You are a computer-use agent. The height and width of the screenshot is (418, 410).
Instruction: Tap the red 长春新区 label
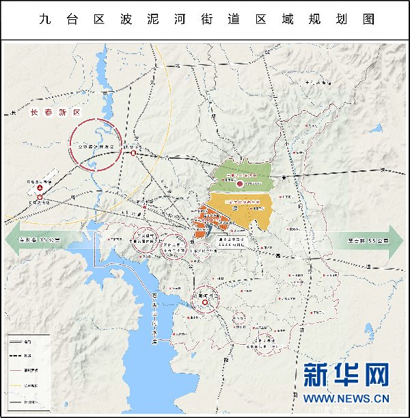(55, 112)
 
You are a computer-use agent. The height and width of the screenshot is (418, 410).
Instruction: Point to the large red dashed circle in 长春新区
(96, 144)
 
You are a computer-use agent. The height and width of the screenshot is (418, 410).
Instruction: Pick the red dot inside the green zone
(239, 184)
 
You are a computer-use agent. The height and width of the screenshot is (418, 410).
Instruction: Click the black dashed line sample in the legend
(18, 356)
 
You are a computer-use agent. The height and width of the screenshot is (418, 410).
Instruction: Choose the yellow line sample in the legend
(18, 386)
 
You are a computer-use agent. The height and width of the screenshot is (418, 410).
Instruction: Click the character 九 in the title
(46, 19)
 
